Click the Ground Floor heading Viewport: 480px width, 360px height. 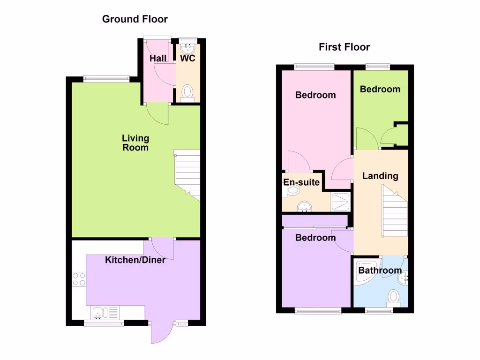[135, 19]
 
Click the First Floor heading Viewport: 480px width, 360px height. [344, 47]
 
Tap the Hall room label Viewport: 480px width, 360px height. [158, 59]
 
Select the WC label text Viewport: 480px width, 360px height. [188, 59]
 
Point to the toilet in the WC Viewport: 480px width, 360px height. [187, 91]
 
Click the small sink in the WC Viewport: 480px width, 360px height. [188, 48]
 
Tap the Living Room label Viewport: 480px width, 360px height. [135, 142]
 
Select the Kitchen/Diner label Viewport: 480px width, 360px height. [135, 260]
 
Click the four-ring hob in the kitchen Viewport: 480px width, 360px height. [79, 279]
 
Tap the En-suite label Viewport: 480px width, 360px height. [301, 182]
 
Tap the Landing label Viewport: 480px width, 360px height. [380, 176]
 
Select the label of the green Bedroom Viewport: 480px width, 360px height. [380, 89]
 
